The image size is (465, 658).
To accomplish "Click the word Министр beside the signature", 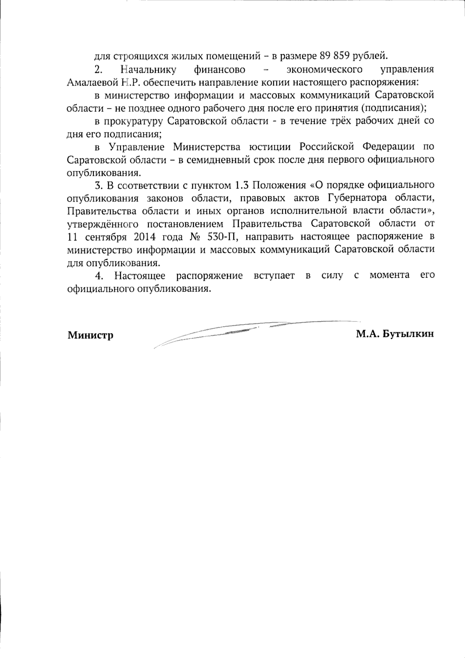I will point(91,335).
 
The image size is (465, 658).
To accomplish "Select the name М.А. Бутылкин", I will point(395,334).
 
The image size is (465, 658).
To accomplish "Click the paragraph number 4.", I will point(99,276).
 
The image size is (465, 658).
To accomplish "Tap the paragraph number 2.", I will point(98,70).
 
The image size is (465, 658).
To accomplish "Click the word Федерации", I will point(388,147).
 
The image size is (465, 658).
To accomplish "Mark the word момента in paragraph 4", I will point(389,275).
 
